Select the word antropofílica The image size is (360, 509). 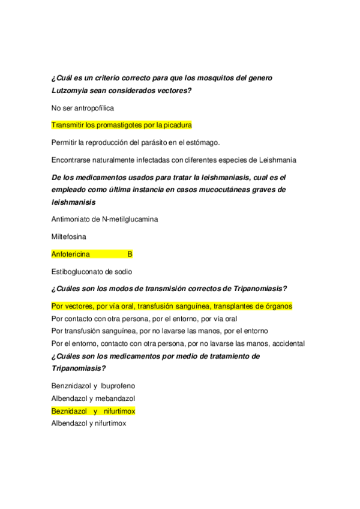(x=93, y=108)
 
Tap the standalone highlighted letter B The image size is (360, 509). (x=130, y=254)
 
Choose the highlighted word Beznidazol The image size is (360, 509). (x=70, y=411)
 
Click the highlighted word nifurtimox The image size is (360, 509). (x=118, y=411)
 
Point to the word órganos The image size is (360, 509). (x=278, y=306)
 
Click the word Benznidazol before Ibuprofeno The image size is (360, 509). (x=71, y=385)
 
